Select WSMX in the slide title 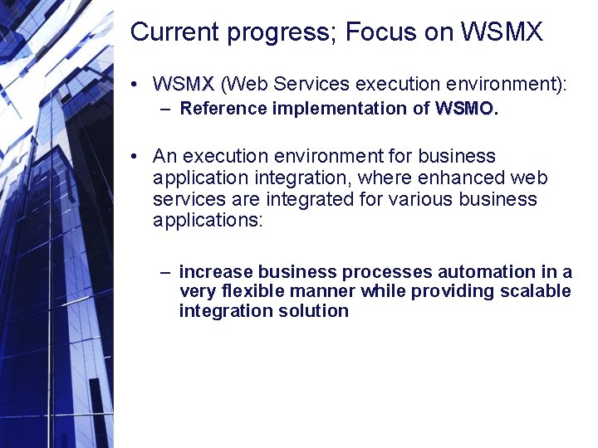tap(501, 32)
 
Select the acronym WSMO tap(466, 108)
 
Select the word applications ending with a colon tap(208, 221)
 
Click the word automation tap(486, 271)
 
